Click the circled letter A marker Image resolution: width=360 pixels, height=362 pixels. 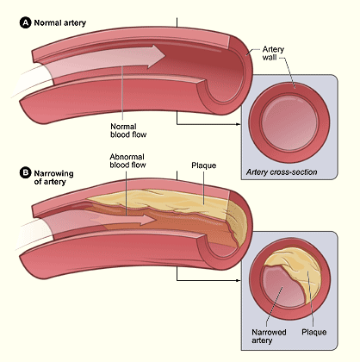point(25,22)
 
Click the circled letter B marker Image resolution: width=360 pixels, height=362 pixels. point(25,172)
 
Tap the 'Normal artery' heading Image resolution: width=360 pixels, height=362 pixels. point(60,23)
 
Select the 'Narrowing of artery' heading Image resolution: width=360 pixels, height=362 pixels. point(53,178)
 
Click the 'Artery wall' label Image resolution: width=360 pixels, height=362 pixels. point(273,53)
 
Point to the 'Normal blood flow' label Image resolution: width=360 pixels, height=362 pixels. point(128,130)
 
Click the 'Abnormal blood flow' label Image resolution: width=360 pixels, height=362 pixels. point(127,161)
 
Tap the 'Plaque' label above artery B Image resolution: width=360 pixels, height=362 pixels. point(204,165)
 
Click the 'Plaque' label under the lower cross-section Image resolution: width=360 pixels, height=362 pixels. point(314,332)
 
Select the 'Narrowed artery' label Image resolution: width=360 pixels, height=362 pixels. point(269,336)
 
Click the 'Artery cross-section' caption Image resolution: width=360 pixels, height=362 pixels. point(282,172)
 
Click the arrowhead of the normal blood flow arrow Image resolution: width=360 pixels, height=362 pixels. point(157,56)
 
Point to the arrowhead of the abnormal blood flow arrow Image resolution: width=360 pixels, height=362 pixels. point(149,220)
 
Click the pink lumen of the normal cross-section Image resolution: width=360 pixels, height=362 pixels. point(289,122)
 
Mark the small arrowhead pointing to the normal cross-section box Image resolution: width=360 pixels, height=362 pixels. point(238,124)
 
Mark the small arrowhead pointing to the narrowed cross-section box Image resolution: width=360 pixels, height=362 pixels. point(238,280)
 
